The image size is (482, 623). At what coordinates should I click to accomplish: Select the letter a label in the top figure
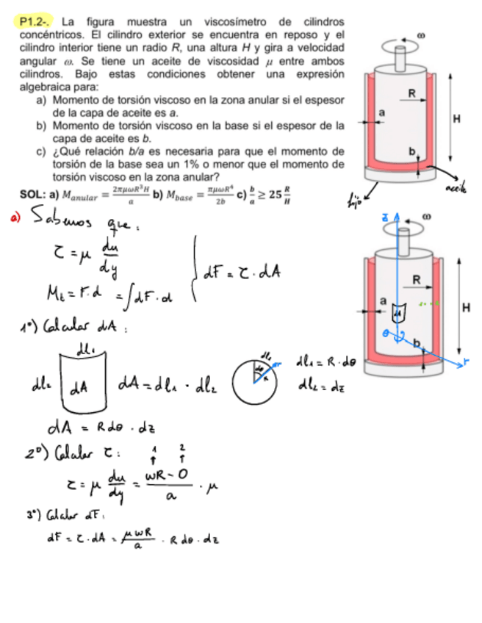(381, 111)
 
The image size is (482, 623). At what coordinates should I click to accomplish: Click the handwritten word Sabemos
(58, 221)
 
